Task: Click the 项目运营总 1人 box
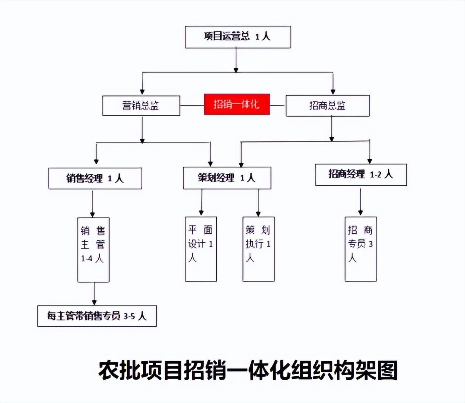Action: [x=238, y=37]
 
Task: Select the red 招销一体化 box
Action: [x=237, y=105]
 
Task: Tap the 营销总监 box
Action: [x=141, y=106]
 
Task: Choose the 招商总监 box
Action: [x=327, y=106]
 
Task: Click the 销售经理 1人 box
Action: [x=95, y=178]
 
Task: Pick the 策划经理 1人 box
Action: [x=227, y=178]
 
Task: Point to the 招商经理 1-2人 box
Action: [x=361, y=174]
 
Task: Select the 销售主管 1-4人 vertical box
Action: [x=93, y=250]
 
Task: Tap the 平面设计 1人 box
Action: [x=201, y=249]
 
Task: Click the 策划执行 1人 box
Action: [x=258, y=249]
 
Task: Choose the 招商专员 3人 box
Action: [x=361, y=249]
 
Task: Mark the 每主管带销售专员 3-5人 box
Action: [x=97, y=316]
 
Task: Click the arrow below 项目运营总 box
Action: [x=236, y=59]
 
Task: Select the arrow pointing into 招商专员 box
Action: [x=360, y=202]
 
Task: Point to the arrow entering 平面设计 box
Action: [x=201, y=203]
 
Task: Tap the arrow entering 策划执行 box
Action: [x=258, y=203]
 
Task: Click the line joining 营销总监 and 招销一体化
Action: [x=192, y=106]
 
